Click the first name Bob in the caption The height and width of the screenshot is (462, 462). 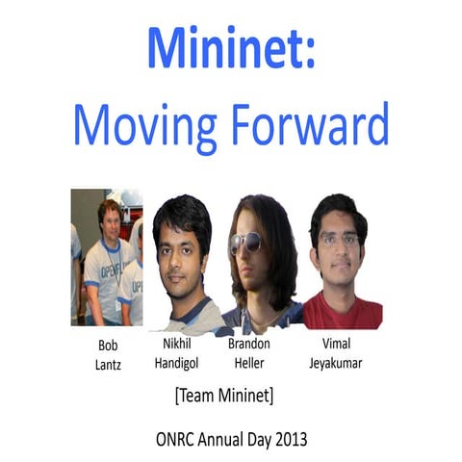[108, 344]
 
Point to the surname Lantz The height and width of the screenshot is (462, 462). [108, 363]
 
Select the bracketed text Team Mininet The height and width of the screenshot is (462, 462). [231, 395]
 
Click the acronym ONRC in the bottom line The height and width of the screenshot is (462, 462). [174, 438]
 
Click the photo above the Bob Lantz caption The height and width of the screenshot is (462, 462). [106, 257]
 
